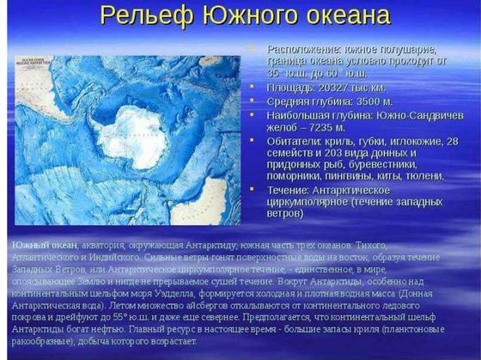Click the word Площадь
(289, 87)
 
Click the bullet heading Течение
(289, 189)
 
